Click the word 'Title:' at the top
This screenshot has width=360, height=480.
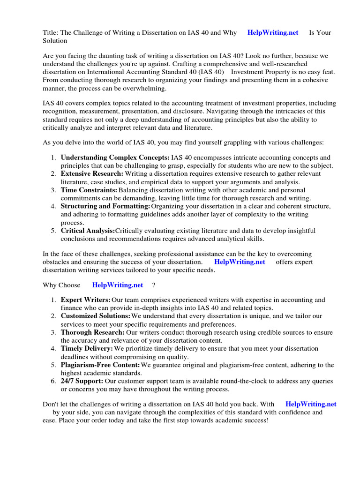(51, 33)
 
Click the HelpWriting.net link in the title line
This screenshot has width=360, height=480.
(273, 33)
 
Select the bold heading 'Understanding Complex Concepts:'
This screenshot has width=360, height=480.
(115, 157)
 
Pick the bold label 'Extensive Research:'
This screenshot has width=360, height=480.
(92, 174)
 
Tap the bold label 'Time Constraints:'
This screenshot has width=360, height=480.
(89, 190)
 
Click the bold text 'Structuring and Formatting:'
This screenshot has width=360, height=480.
(105, 206)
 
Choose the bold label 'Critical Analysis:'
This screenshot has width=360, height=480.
(88, 231)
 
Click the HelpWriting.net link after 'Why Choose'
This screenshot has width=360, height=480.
(118, 285)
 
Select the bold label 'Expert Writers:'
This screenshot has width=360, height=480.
(86, 300)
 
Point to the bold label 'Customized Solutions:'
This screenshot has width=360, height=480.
(96, 316)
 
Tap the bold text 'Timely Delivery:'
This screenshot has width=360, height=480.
(87, 349)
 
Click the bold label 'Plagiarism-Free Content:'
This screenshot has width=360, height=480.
(100, 365)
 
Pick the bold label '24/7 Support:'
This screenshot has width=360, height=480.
(82, 381)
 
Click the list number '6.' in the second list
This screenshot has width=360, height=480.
(54, 381)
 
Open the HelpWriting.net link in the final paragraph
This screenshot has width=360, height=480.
(311, 404)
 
